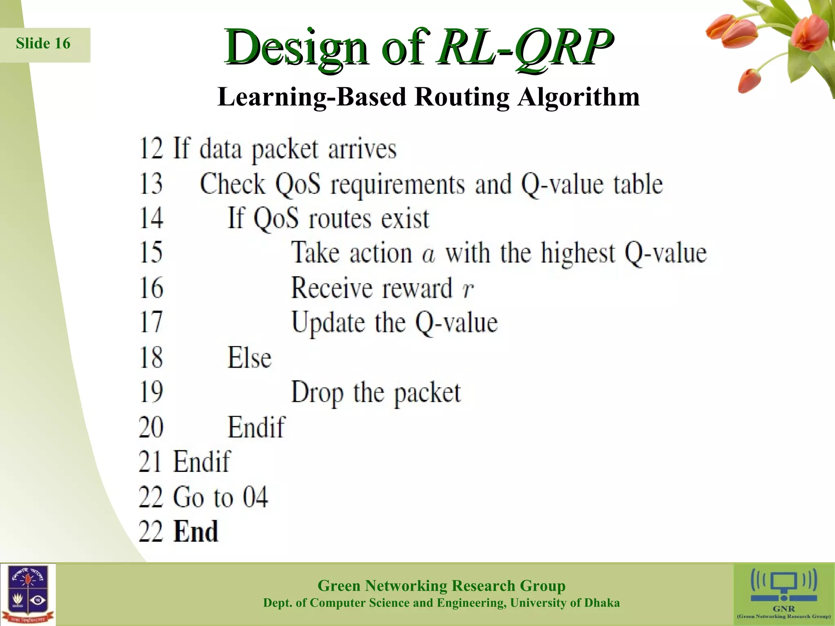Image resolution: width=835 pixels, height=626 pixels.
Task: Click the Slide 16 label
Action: point(43,44)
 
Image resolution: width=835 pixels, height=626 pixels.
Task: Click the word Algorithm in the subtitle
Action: point(579,97)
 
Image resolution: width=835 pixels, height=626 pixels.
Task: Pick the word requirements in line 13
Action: point(398,184)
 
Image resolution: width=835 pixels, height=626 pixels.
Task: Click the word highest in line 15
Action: point(578,253)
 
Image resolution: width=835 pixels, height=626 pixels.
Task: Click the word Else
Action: point(249,358)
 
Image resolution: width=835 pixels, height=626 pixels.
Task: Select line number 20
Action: point(151,428)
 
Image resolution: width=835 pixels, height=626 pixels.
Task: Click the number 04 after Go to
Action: point(255,497)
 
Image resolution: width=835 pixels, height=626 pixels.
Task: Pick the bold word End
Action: point(196,532)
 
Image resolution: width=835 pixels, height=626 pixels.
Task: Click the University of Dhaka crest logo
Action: point(28,594)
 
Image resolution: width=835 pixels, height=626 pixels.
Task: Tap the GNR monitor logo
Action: point(784,587)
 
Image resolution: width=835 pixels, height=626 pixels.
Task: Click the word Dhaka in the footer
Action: point(602,603)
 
